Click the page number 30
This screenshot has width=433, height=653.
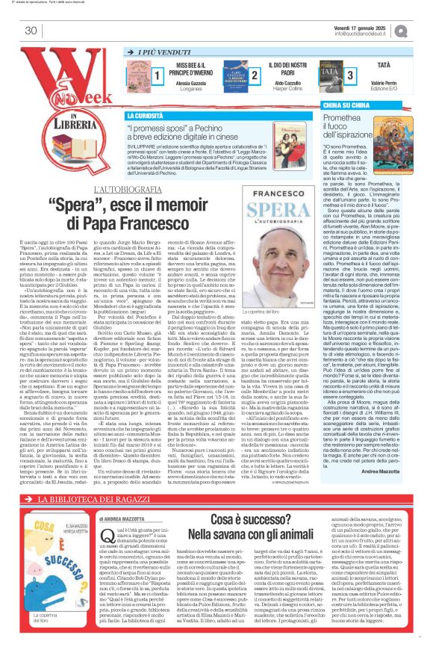click(31, 31)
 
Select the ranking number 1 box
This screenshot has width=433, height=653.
click(158, 76)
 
